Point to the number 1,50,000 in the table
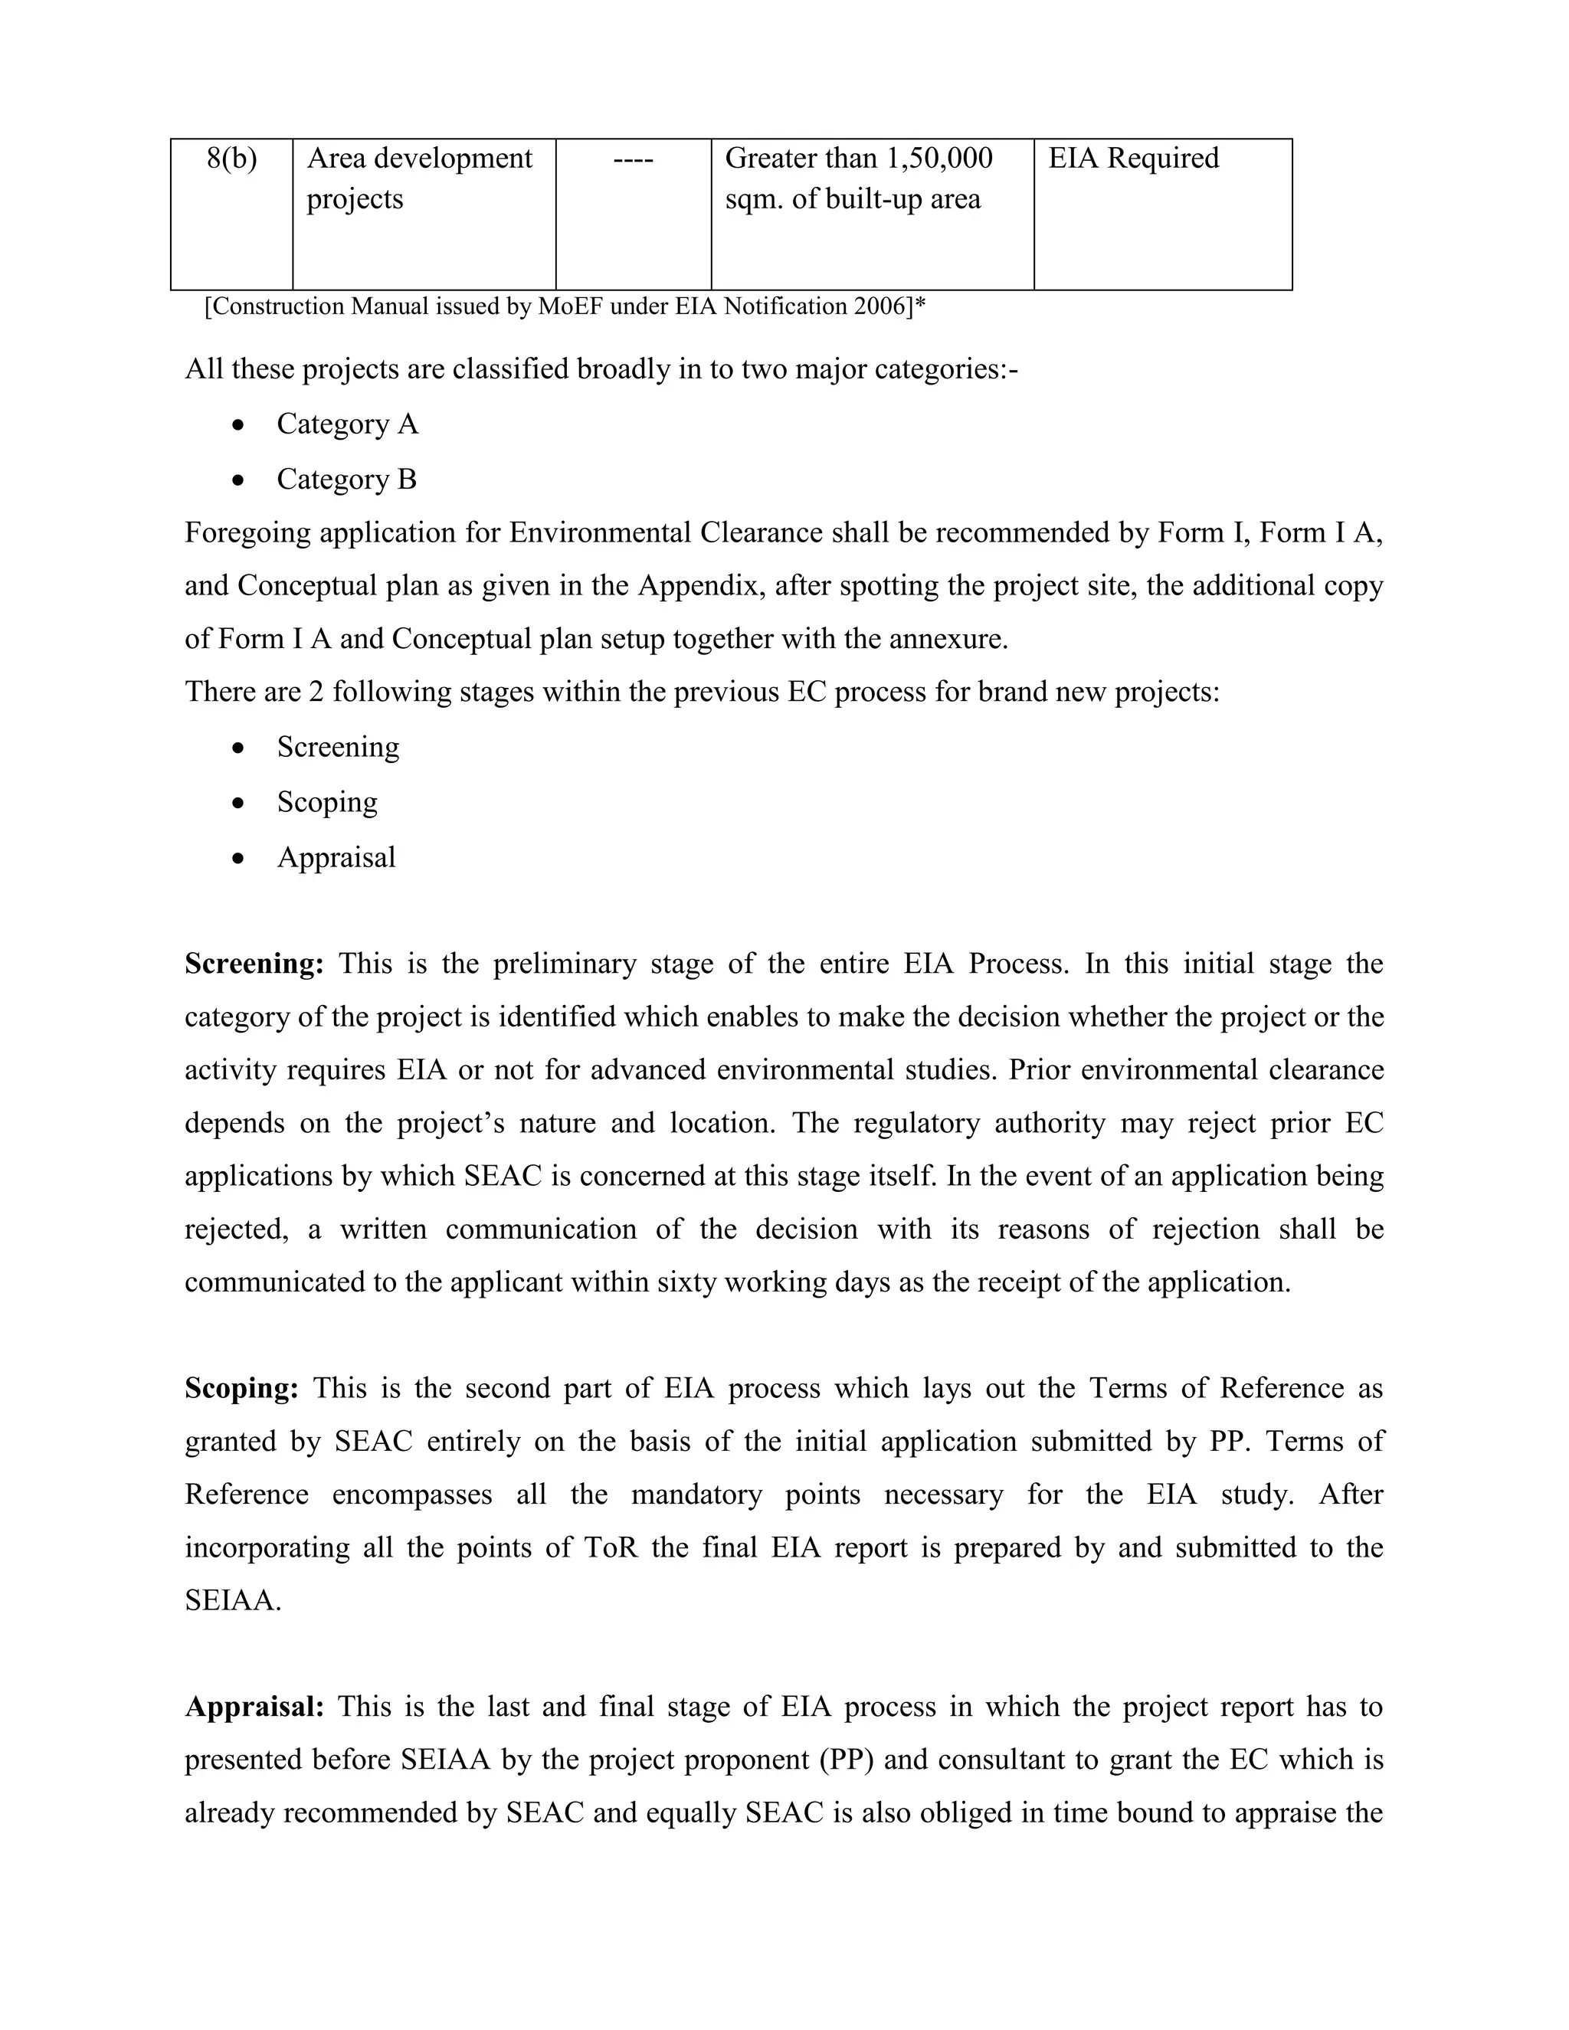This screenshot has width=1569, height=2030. [938, 159]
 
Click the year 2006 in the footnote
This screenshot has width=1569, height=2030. [884, 306]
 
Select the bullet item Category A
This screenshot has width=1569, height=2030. [347, 425]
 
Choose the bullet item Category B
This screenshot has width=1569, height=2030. [347, 480]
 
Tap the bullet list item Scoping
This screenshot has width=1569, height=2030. [327, 802]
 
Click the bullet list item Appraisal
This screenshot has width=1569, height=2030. [336, 857]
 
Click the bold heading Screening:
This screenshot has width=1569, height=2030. [254, 964]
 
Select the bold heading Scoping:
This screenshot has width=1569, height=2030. [241, 1389]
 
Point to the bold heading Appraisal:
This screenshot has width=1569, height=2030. [254, 1707]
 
